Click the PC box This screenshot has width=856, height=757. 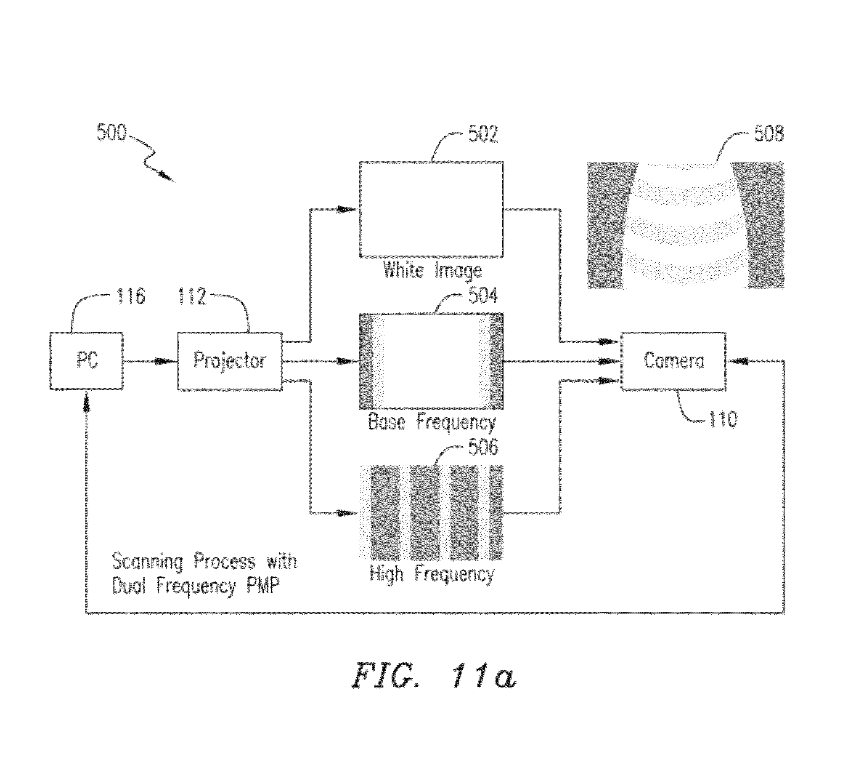(x=87, y=361)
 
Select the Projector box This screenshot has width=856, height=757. (x=230, y=361)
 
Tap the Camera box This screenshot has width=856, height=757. (x=673, y=361)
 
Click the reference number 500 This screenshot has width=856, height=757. (x=111, y=132)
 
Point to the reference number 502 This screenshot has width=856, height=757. (x=483, y=134)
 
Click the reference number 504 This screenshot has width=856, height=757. (x=483, y=296)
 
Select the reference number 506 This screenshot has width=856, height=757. (x=483, y=447)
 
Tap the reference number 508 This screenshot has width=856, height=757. (x=769, y=134)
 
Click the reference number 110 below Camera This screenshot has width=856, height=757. (x=723, y=419)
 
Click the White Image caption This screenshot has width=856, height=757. (x=432, y=270)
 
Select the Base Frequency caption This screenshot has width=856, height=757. (x=432, y=422)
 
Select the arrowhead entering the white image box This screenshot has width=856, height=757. (x=347, y=209)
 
